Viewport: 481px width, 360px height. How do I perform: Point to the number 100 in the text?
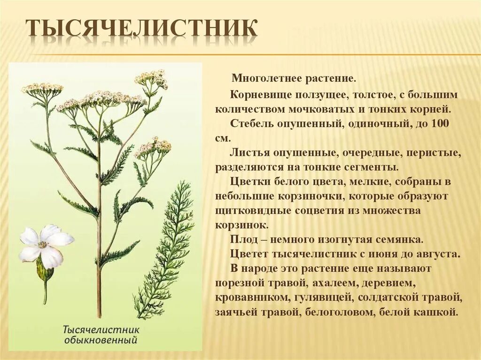click(441, 124)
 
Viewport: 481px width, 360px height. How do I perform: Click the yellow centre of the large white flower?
click(43, 245)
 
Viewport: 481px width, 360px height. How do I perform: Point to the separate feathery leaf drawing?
click(164, 249)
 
